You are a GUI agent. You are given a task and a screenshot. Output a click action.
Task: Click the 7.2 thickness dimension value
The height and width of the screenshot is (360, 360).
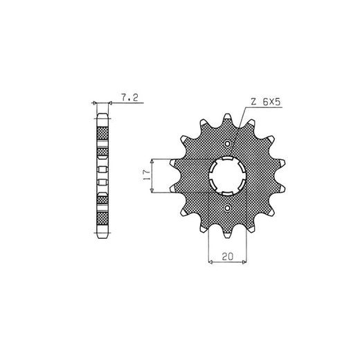tap(129, 98)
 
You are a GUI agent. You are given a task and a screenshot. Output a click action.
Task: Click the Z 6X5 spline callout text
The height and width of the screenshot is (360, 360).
tap(266, 102)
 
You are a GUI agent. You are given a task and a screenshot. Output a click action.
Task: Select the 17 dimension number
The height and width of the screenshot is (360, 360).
tap(146, 175)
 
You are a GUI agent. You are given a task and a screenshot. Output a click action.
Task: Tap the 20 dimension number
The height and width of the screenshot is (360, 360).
tap(228, 256)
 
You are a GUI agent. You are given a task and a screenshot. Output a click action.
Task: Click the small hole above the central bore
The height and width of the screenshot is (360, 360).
tap(228, 144)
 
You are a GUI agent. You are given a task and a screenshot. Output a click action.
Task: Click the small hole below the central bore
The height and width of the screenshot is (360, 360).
tap(228, 208)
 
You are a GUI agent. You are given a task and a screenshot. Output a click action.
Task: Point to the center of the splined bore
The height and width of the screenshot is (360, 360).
tap(228, 176)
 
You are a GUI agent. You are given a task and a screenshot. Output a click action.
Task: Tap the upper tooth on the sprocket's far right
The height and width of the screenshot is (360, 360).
tap(280, 163)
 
